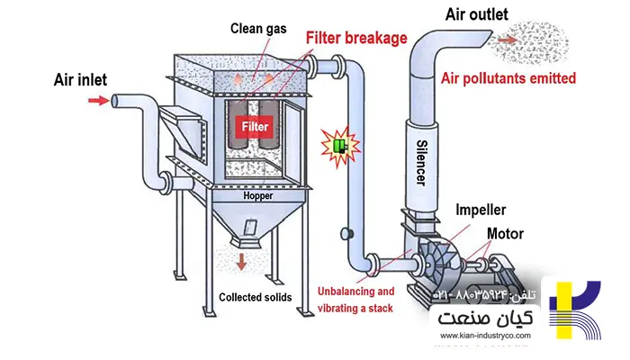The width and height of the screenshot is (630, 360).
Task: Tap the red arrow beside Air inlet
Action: [94, 101]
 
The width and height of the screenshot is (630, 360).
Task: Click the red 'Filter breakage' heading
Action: [356, 39]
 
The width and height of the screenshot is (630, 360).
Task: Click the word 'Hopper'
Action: [257, 195]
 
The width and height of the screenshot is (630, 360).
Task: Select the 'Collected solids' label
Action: [256, 297]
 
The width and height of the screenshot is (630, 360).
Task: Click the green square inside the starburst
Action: [340, 143]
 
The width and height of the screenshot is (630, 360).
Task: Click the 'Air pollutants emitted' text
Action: [508, 78]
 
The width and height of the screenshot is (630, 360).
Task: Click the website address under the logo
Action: [484, 336]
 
